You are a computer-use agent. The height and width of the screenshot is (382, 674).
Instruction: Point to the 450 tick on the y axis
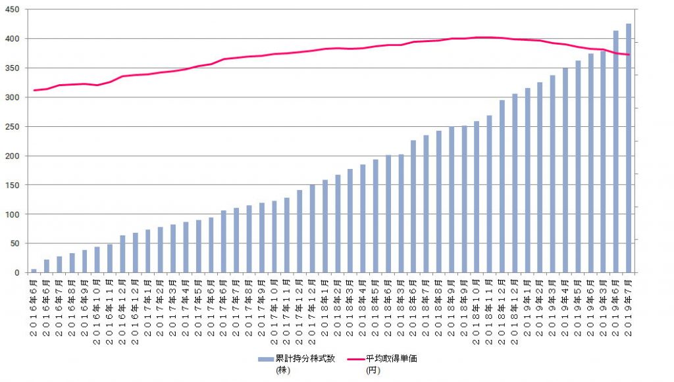pos(13,10)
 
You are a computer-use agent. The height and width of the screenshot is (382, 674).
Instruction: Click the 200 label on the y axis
pos(13,156)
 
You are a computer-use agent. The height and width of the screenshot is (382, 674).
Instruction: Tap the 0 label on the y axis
pos(18,272)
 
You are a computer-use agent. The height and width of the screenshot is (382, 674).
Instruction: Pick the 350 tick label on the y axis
pos(13,68)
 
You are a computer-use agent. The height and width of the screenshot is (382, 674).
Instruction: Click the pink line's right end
pos(629,55)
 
